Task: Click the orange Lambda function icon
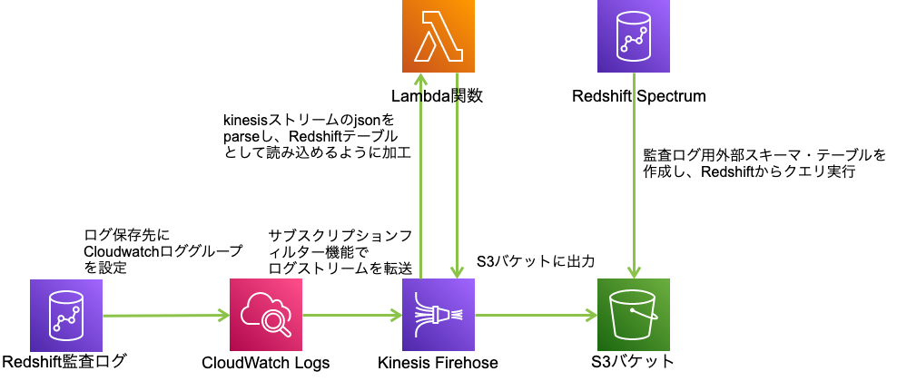tap(439, 37)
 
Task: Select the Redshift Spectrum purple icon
tap(633, 37)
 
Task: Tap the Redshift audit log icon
tap(66, 316)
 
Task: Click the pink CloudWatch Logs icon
tap(266, 316)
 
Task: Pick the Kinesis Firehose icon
tap(439, 316)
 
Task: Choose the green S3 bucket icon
tap(633, 316)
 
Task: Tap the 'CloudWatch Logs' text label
tap(266, 363)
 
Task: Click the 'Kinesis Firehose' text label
tap(439, 363)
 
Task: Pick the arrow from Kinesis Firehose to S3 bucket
tap(536, 316)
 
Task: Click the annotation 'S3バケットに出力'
tap(535, 261)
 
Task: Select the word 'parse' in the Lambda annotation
tap(241, 136)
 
